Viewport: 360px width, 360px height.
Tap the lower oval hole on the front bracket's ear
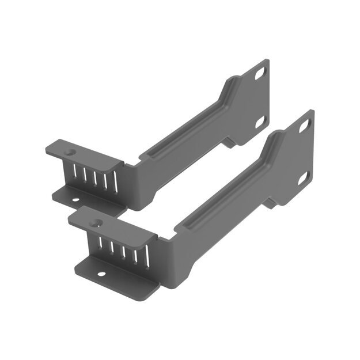point(304,177)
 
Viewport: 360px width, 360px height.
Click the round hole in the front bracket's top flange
point(96,222)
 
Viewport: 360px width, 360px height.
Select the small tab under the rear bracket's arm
point(228,142)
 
